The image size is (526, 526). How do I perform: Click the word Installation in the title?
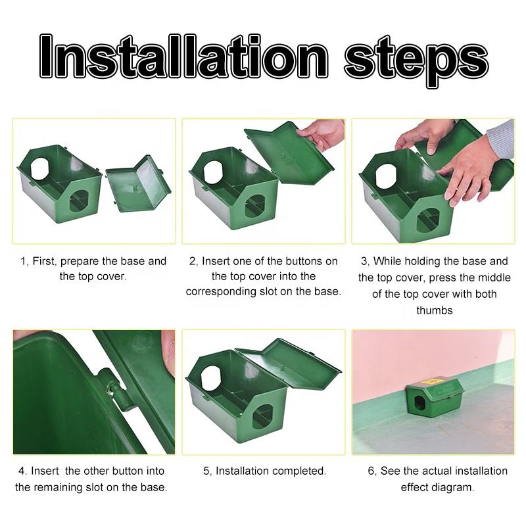tap(183, 56)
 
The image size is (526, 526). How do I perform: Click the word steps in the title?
tap(416, 61)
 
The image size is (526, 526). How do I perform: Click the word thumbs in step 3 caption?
tap(435, 310)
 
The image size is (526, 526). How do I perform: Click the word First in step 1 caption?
tap(45, 261)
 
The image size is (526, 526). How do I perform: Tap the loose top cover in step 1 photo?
tap(138, 183)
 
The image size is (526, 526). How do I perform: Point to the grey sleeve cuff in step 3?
tap(500, 139)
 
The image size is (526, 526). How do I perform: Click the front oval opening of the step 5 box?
tap(262, 416)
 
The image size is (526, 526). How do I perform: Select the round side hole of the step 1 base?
tap(40, 168)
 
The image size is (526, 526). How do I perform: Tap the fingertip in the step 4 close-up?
tap(168, 352)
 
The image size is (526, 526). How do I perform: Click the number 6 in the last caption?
tap(371, 471)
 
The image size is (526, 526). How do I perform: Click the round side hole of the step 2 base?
tap(213, 172)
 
